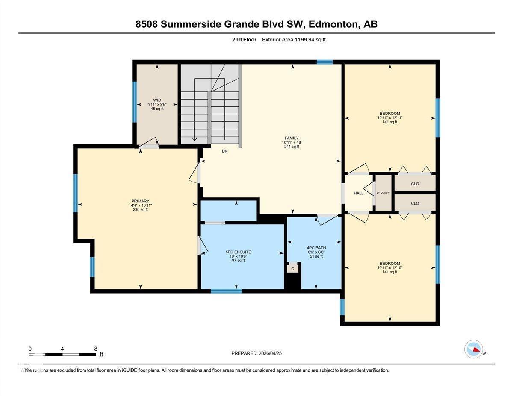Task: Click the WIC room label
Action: click(157, 100)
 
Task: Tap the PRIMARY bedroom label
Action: click(140, 201)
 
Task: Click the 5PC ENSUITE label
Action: click(238, 252)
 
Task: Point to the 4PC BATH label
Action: click(316, 248)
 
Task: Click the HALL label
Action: click(358, 193)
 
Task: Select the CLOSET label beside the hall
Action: click(383, 194)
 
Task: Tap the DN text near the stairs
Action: click(225, 151)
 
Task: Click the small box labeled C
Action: click(293, 269)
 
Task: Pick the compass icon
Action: click(474, 349)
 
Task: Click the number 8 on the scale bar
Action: click(95, 349)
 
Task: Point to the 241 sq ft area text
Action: click(292, 147)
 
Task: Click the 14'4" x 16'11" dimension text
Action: click(140, 205)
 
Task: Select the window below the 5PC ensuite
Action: click(226, 291)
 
